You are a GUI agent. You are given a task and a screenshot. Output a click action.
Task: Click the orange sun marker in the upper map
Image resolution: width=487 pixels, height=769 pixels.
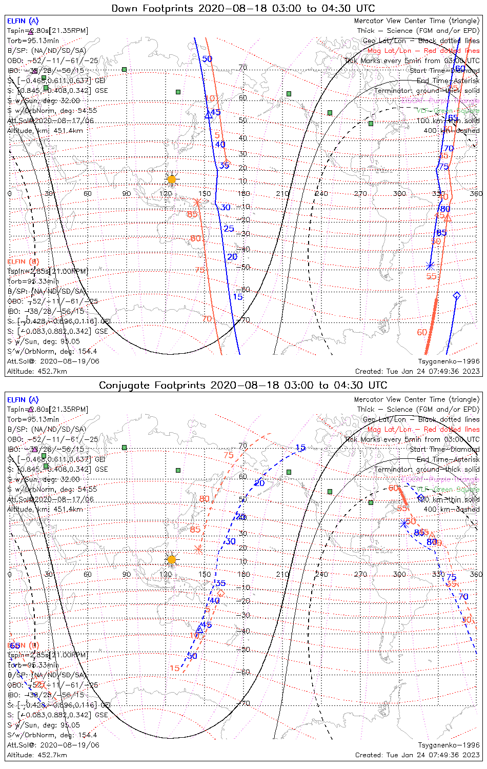tap(172, 179)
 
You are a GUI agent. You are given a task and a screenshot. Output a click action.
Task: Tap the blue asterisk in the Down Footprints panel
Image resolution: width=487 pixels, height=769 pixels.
tap(430, 266)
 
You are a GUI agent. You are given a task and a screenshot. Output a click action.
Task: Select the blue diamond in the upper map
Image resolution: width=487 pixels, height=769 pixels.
tap(456, 295)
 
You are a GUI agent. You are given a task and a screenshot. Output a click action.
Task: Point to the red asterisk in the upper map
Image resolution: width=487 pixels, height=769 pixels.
tap(197, 203)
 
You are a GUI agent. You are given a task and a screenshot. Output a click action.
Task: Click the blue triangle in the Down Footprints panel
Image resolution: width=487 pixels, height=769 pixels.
tap(209, 115)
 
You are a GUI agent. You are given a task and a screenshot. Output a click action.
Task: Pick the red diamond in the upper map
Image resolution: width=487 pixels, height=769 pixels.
tap(227, 162)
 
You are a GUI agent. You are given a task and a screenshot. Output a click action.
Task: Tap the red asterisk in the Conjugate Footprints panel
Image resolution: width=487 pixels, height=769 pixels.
tap(199, 549)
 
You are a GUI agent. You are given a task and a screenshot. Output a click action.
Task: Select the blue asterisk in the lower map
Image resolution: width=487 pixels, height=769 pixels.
tap(404, 523)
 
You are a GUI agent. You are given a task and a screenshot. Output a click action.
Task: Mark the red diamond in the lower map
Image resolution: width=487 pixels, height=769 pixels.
tap(221, 593)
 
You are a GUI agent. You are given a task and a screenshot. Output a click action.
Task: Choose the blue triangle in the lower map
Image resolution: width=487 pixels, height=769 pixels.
tap(200, 629)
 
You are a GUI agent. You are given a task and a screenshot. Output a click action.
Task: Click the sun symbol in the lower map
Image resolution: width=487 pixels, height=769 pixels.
tap(172, 559)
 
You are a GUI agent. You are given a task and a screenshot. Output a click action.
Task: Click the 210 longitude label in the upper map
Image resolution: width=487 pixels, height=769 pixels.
tap(282, 193)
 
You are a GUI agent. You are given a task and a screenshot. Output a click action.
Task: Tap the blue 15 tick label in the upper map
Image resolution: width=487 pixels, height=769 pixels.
tap(237, 297)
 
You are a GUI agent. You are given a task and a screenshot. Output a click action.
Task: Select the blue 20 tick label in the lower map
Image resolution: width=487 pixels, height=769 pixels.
tap(259, 483)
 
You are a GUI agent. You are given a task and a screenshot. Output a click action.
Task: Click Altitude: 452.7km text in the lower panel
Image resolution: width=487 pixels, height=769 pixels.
tap(37, 755)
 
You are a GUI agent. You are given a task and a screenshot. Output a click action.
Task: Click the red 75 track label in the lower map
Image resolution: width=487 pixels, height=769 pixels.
tap(229, 455)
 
